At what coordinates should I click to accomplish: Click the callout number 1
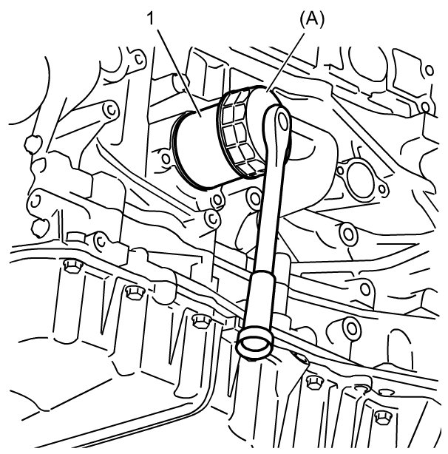[x=151, y=18]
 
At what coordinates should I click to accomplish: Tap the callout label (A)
[x=312, y=20]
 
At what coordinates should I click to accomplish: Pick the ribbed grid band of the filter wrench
[x=239, y=133]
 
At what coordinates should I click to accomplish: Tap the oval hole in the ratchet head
[x=283, y=121]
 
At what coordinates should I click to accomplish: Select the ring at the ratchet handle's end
[x=254, y=342]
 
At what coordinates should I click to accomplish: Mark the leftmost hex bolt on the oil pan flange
[x=72, y=266]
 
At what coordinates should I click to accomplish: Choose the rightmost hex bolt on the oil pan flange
[x=383, y=417]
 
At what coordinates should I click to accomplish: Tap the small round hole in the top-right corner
[x=430, y=70]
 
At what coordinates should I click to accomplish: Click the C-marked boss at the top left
[x=139, y=59]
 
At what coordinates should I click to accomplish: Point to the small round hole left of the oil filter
[x=166, y=158]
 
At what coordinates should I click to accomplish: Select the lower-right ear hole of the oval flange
[x=383, y=189]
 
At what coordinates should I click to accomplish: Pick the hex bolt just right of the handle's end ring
[x=314, y=382]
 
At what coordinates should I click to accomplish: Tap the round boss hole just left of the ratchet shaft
[x=254, y=199]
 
